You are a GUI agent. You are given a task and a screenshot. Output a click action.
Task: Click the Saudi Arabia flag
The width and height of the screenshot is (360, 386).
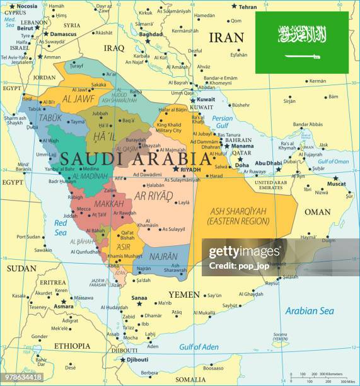click(301, 42)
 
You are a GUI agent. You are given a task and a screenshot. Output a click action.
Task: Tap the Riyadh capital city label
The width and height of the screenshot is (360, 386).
click(190, 170)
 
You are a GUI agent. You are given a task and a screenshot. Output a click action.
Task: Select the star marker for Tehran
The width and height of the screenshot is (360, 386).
click(234, 6)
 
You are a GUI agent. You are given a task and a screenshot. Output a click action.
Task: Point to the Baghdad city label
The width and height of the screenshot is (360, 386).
click(151, 34)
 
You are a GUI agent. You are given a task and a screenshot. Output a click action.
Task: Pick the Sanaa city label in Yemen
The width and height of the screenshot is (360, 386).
click(139, 297)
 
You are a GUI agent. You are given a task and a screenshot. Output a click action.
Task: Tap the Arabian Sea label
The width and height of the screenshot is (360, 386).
click(310, 310)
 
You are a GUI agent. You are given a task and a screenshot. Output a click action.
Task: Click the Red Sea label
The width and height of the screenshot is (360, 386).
click(61, 227)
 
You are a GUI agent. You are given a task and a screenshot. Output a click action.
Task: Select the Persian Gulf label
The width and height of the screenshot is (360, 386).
click(222, 122)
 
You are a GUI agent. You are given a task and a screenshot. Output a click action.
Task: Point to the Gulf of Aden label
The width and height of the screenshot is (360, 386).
click(199, 347)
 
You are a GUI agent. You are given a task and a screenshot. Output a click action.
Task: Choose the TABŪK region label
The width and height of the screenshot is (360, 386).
click(50, 117)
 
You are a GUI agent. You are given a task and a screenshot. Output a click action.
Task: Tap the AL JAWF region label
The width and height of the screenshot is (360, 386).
click(78, 98)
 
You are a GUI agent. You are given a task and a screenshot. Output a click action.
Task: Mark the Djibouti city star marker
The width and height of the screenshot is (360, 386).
click(123, 360)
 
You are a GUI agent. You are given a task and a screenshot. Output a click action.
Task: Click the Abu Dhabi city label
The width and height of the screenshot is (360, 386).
click(269, 163)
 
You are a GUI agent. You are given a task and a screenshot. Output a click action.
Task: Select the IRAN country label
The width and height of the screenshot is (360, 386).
click(226, 37)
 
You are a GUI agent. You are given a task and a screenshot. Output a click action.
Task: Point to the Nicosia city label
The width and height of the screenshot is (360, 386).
click(26, 6)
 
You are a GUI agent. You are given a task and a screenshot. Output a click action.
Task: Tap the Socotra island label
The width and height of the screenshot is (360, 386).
click(280, 335)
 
